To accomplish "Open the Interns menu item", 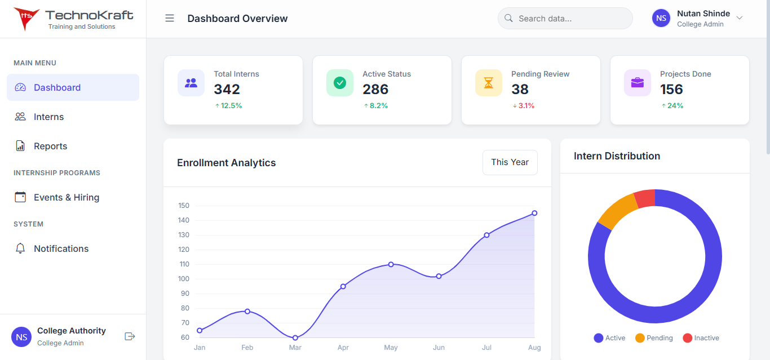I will pos(48,117).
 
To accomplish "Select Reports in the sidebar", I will pos(50,146).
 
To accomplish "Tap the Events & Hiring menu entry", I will pos(66,197).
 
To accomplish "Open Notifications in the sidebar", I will pos(61,248).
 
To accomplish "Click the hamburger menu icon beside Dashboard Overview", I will pos(170,19).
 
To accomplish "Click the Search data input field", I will pos(569,19).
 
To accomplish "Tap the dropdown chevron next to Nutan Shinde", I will pos(740,18).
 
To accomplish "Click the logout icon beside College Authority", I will pos(130,336).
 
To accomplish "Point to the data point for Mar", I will pos(295,337).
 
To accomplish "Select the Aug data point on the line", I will pos(534,213).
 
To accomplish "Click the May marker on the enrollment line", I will pos(391,264).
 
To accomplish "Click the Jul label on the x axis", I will pos(486,348).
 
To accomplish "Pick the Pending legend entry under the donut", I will pos(654,338).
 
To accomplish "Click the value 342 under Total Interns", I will pos(227,89).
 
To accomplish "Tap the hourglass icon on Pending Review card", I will pos(489,83).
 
